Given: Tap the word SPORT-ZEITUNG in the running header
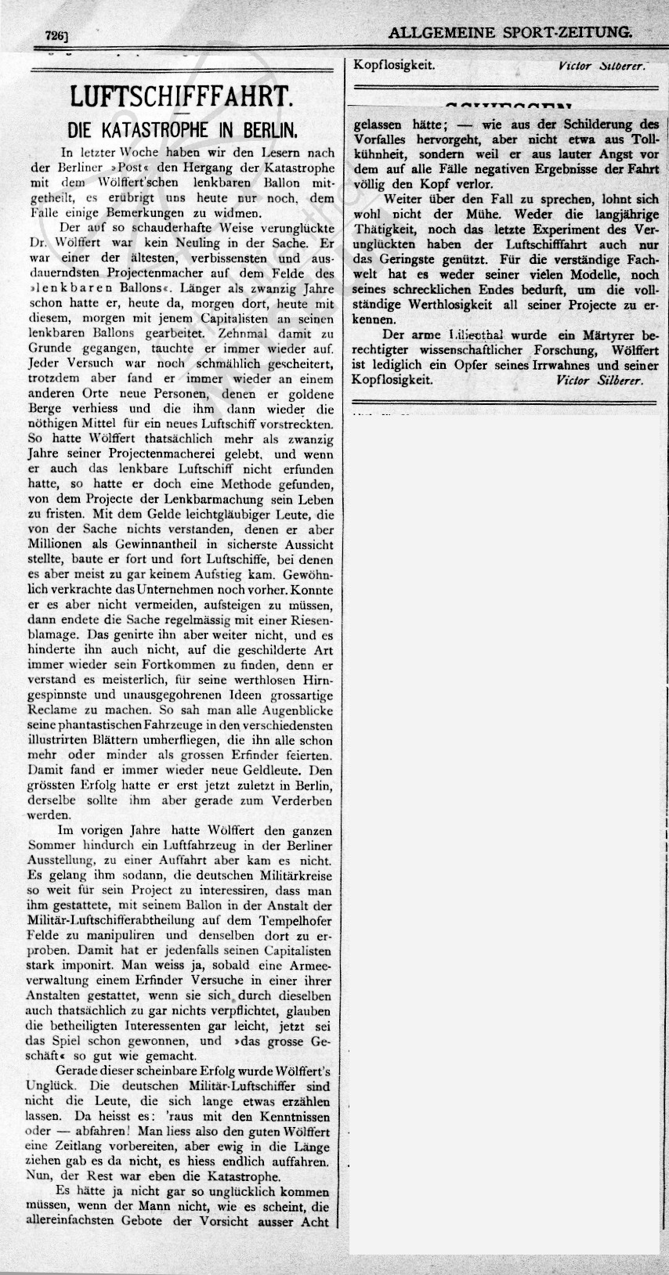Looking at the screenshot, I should [566, 33].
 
